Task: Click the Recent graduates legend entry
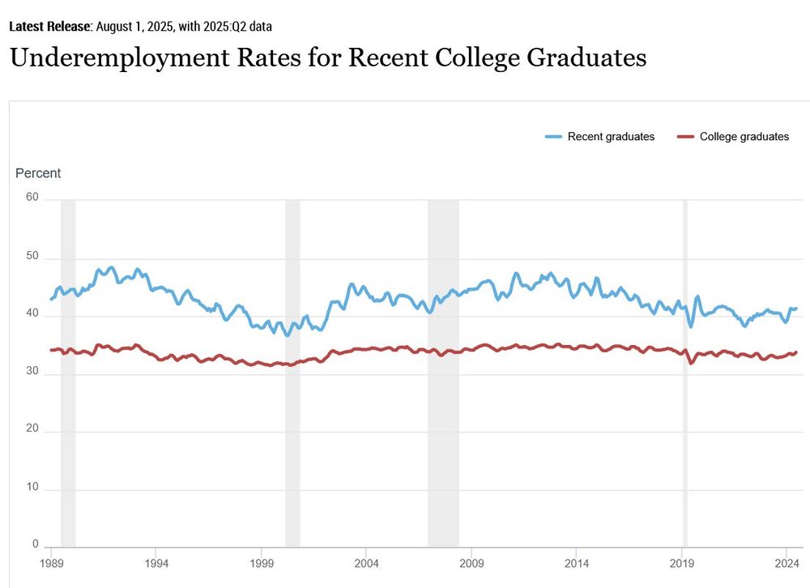(610, 137)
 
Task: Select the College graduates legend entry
(744, 137)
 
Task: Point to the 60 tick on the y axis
(32, 196)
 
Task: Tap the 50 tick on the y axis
(32, 257)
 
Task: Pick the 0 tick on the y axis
(36, 544)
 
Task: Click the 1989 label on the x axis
(51, 562)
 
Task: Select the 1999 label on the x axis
(262, 562)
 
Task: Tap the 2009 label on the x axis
(471, 562)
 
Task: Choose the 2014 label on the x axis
(577, 562)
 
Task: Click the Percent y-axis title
(38, 173)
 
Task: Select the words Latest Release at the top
(49, 26)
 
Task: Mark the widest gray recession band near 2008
(443, 373)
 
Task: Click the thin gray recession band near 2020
(685, 373)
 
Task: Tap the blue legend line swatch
(554, 137)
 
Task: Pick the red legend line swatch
(685, 137)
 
